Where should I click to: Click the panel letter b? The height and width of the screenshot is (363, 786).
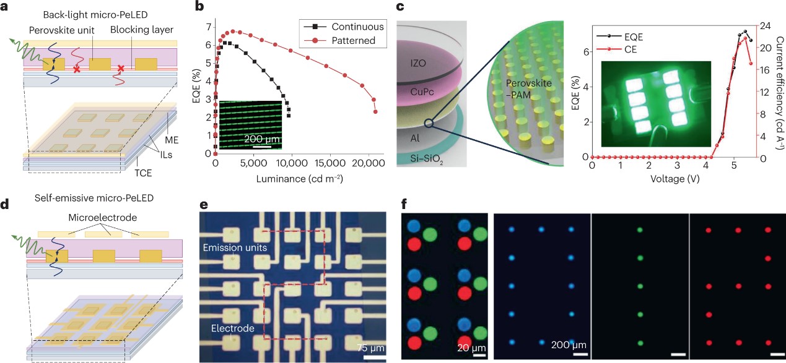[199, 7]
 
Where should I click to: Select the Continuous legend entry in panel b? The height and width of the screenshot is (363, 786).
[357, 27]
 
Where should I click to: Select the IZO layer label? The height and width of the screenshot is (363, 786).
[426, 62]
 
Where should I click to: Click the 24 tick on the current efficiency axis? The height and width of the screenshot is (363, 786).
[764, 27]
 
